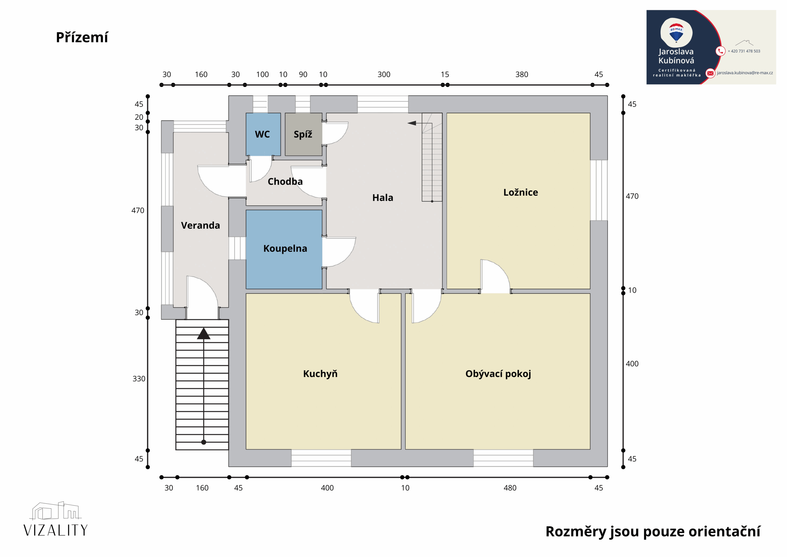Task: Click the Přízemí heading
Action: pos(82,38)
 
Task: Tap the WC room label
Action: pos(262,134)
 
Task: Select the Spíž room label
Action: pos(303,134)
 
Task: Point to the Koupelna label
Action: pos(285,248)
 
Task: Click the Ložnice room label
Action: pos(521,192)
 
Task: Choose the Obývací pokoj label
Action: pos(498,374)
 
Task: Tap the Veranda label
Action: pos(200,226)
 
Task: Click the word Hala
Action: pos(383,198)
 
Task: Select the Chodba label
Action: pos(285,182)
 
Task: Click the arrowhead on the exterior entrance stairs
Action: pos(204,334)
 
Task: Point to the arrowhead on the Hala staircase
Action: pos(412,123)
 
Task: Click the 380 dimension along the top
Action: pos(522,74)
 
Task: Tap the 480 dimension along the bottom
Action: pos(510,488)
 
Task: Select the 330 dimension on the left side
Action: pos(139,379)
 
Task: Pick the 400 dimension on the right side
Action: pos(632,364)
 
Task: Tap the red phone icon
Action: pos(721,51)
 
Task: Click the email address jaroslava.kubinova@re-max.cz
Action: pos(745,73)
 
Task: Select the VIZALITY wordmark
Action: pos(56,531)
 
